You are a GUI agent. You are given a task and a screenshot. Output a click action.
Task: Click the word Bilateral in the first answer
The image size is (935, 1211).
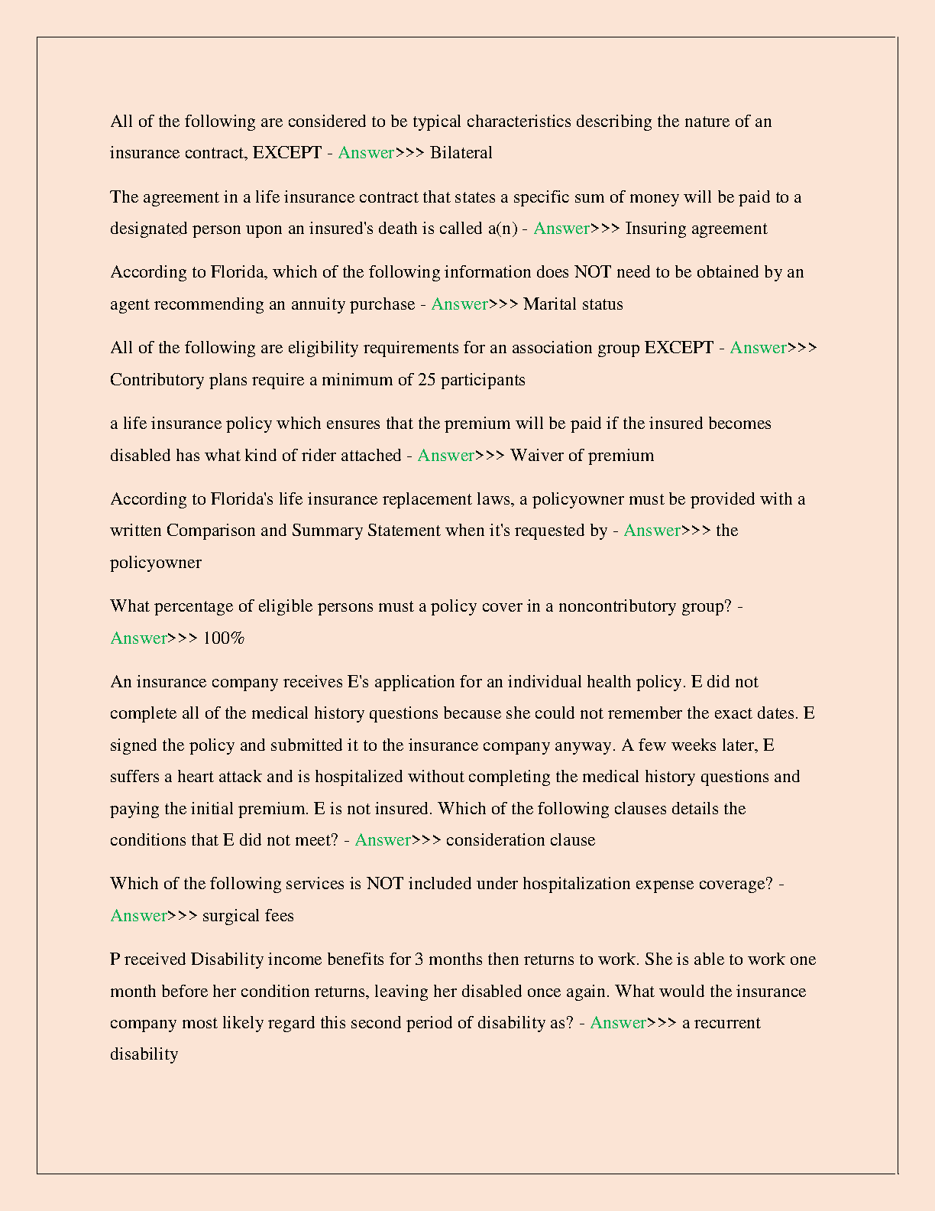[x=461, y=153]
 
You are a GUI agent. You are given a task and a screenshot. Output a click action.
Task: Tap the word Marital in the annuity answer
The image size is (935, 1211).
[x=550, y=304]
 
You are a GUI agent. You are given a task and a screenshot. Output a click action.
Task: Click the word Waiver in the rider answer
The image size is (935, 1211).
[x=535, y=456]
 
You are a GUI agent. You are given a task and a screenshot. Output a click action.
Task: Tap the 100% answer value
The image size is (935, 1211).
[x=223, y=638]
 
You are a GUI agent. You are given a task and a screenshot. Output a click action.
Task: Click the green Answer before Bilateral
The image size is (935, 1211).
[x=366, y=153]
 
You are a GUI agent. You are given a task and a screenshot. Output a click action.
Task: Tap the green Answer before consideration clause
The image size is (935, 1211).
[x=383, y=840]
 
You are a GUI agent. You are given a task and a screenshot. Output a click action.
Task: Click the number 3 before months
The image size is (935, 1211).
[x=419, y=959]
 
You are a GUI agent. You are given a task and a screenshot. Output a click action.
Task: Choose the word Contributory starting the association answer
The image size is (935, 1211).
[x=157, y=380]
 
